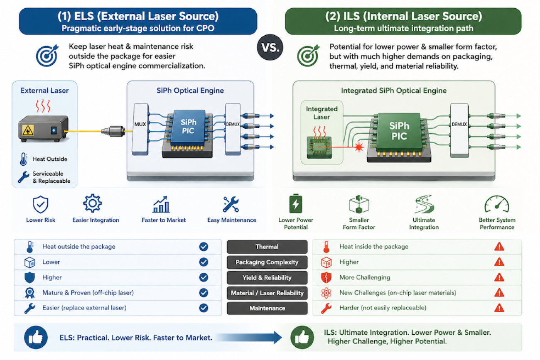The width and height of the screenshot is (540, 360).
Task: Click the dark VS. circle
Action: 270,47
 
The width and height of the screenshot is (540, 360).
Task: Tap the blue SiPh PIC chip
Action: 188,127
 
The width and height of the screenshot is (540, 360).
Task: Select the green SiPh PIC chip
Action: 399,131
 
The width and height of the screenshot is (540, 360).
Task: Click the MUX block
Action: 140,129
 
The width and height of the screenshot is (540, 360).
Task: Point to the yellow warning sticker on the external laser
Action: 28,130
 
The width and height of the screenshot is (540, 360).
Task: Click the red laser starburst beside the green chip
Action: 359,147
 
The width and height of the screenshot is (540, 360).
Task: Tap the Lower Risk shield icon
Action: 41,204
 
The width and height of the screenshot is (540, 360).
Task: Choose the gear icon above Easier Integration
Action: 92,203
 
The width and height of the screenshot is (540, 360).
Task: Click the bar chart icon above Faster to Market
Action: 161,204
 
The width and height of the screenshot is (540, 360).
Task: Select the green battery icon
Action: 296,203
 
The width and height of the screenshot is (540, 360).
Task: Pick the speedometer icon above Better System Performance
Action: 497,204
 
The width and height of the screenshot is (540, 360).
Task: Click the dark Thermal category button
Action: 267,247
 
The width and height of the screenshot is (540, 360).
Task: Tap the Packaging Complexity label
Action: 267,262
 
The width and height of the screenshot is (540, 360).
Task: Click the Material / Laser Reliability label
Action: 267,293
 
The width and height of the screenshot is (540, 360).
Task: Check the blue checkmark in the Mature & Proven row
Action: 204,293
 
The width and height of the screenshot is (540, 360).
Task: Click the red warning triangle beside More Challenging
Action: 499,277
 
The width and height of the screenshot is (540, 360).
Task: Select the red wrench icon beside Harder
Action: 326,308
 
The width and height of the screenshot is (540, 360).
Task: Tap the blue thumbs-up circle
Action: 36,337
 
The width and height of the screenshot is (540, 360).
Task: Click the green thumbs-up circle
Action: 302,337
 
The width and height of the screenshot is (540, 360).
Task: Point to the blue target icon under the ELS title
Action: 47,56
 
